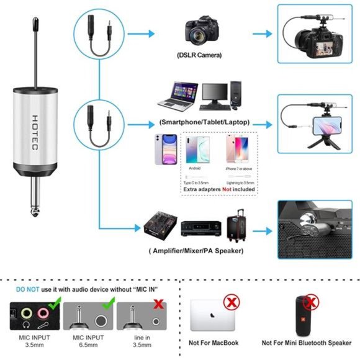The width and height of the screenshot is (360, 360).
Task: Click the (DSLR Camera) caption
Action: (199, 55)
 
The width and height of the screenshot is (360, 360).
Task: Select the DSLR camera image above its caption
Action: (200, 31)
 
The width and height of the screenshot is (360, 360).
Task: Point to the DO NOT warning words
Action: (29, 289)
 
